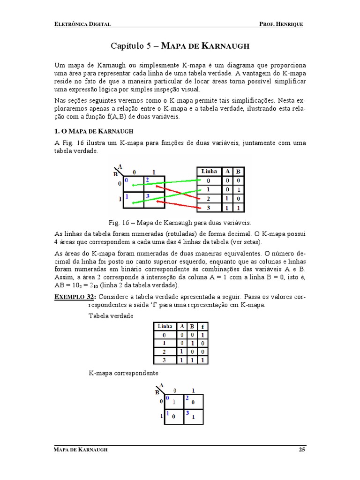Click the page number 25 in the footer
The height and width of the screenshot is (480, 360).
(301, 450)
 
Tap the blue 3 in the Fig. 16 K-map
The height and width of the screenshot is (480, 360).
(147, 196)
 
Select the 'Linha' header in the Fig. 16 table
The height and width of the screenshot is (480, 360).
(209, 171)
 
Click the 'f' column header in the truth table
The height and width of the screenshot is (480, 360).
(202, 326)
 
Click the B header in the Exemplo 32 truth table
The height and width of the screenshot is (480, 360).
(192, 326)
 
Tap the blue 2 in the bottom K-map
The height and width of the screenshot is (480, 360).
(187, 398)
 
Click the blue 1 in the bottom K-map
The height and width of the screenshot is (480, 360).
(167, 413)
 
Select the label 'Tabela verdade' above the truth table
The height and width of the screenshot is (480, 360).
(111, 316)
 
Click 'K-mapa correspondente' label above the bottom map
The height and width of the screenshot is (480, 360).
(123, 373)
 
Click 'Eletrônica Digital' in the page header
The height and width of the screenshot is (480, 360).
(82, 24)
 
